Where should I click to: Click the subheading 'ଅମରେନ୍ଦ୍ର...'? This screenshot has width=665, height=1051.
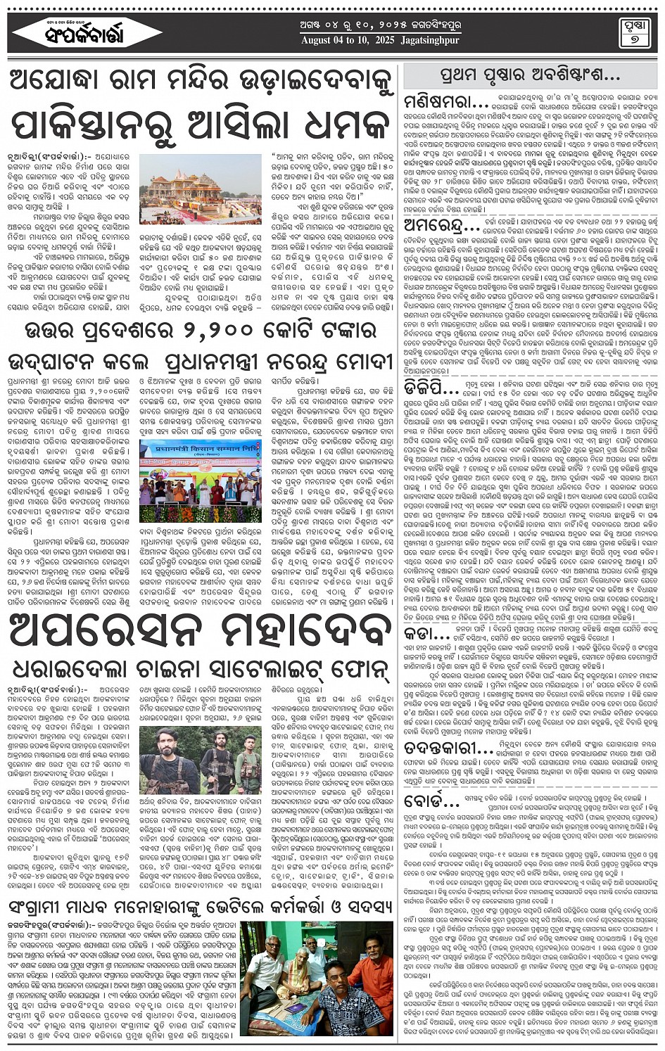(x=443, y=227)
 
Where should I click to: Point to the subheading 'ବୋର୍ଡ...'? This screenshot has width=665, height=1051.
(x=431, y=800)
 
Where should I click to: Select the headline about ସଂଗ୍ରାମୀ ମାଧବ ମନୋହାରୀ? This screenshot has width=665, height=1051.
(x=201, y=905)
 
